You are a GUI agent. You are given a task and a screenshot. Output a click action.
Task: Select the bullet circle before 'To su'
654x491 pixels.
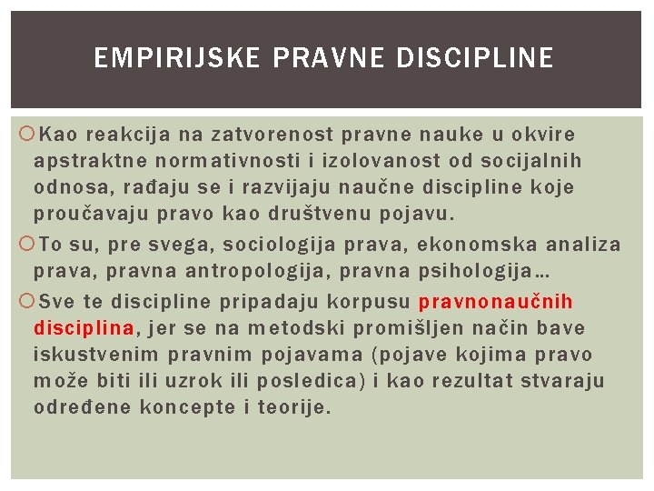pyautogui.click(x=24, y=245)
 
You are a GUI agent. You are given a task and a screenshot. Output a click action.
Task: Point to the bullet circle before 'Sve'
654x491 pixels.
pyautogui.click(x=24, y=302)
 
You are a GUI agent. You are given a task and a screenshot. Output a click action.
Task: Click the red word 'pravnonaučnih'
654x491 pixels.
pyautogui.click(x=495, y=301)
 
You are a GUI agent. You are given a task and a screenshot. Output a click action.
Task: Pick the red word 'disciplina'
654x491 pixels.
pyautogui.click(x=84, y=327)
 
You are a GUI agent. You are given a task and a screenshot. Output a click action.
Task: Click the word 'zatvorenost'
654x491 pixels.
pyautogui.click(x=272, y=135)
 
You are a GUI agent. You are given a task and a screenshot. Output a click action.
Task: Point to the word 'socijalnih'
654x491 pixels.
pyautogui.click(x=533, y=161)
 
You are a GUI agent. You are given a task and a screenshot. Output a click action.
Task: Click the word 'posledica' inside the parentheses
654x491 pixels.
pyautogui.click(x=308, y=380)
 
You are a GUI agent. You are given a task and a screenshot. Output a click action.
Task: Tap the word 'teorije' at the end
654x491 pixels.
pyautogui.click(x=290, y=407)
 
